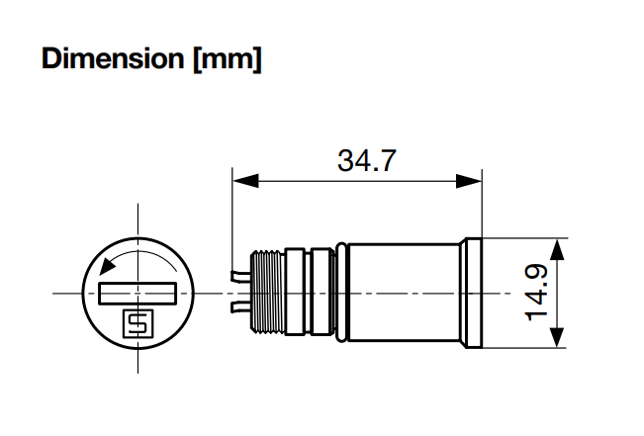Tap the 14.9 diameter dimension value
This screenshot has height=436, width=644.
pos(537,294)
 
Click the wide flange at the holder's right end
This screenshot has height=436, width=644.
pos(471,294)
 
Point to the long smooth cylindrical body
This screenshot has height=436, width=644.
pos(401,294)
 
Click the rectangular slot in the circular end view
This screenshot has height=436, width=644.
pos(138,294)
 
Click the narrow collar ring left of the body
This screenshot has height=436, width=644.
pos(339,294)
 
